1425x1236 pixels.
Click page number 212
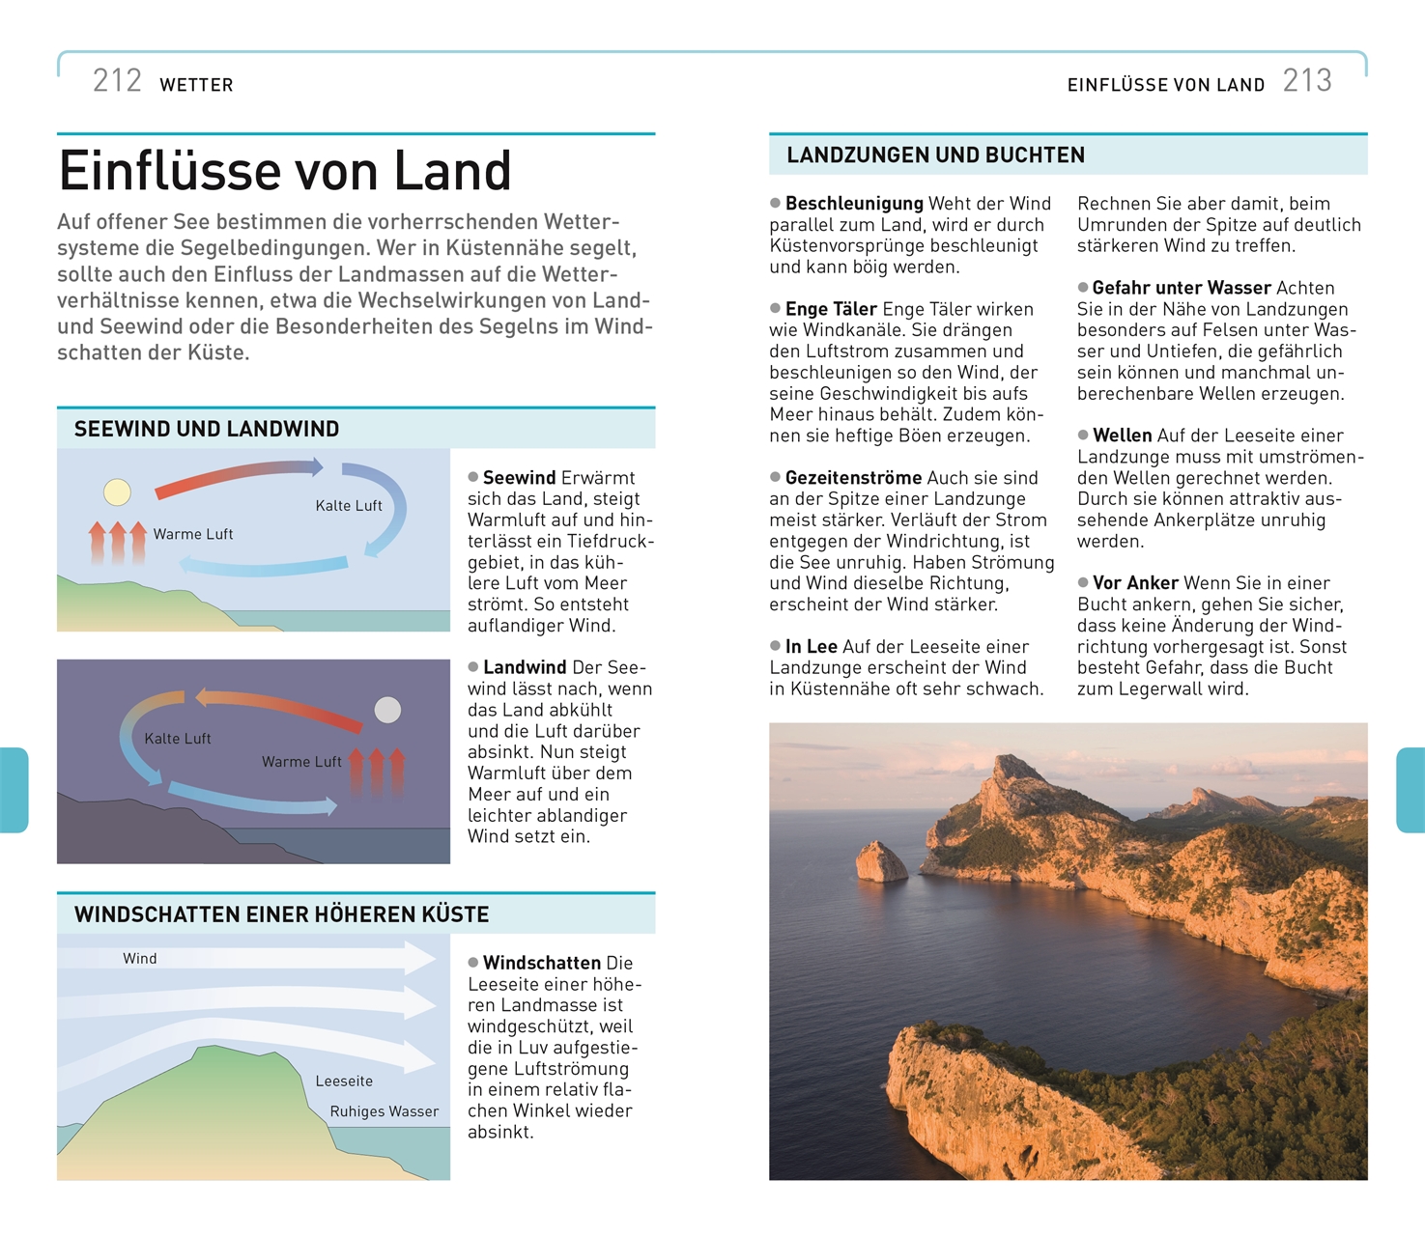(117, 81)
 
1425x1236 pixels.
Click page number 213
(1307, 81)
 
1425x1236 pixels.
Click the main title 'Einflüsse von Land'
(285, 171)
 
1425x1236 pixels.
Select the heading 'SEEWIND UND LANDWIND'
(207, 430)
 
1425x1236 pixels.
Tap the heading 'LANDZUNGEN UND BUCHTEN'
(935, 155)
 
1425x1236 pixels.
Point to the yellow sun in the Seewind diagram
(117, 492)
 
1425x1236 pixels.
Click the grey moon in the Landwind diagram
(387, 711)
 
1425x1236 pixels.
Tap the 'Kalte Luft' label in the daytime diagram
(349, 506)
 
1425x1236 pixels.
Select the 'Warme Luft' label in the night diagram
(301, 762)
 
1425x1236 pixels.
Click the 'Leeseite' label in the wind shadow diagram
(344, 1081)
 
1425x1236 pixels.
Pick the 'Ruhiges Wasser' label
(385, 1111)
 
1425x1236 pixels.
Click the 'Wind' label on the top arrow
(140, 959)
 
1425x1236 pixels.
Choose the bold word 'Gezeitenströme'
(853, 478)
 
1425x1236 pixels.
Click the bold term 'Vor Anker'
(1135, 583)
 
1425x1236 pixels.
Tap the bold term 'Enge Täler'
(831, 309)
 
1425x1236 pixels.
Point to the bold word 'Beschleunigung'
(854, 204)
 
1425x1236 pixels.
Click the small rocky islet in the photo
(881, 861)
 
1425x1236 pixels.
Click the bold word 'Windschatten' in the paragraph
(542, 964)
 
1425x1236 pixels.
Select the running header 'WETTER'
(196, 85)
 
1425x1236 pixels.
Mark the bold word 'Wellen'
(1123, 435)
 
